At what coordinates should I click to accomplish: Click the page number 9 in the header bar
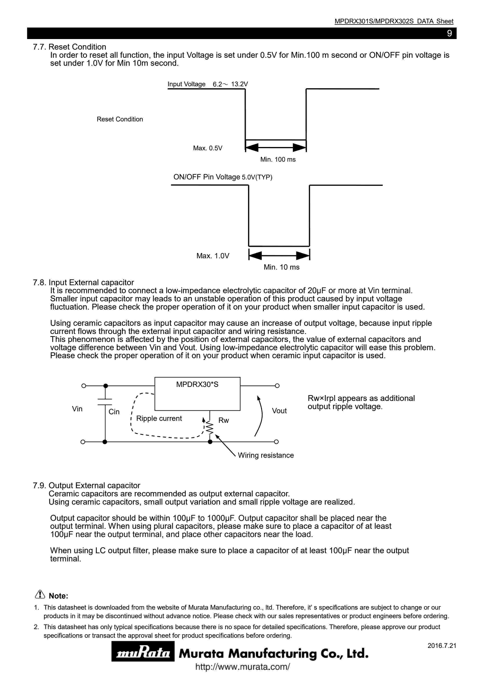(449, 33)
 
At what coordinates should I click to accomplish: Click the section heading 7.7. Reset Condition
(70, 47)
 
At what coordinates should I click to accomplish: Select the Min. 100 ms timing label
(278, 159)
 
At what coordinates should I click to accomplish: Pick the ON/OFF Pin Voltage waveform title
(223, 177)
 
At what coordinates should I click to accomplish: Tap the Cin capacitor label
(114, 412)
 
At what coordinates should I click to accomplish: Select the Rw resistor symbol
(210, 428)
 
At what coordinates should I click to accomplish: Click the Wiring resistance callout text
(266, 455)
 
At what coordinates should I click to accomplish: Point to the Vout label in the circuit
(279, 411)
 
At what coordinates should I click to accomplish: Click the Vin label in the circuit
(77, 409)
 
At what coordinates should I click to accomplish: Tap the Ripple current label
(159, 418)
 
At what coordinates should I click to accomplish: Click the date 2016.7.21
(442, 646)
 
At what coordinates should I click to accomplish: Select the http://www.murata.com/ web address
(242, 667)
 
